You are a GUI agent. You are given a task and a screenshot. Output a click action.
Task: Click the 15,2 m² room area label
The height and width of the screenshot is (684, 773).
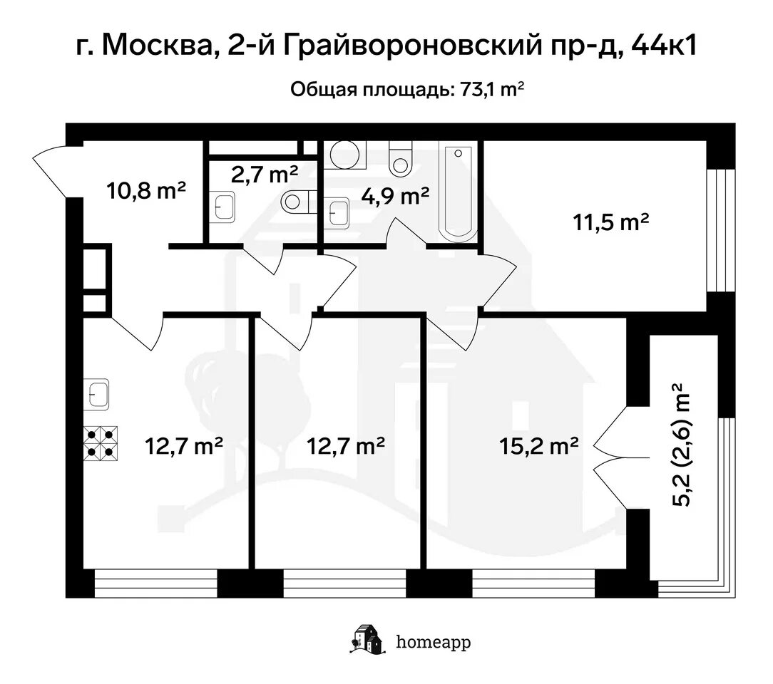[x=538, y=446]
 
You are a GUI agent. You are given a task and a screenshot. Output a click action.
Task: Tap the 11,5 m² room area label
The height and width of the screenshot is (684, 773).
[x=610, y=222]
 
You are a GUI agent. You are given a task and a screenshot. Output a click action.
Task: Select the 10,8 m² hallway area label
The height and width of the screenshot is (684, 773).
[x=146, y=190]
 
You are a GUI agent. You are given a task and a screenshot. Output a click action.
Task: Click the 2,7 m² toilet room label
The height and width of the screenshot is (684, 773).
[x=265, y=174]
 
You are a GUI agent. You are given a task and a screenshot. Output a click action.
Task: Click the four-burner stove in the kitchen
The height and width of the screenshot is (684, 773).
[x=101, y=443]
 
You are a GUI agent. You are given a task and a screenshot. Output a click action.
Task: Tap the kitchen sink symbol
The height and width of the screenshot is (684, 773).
[x=96, y=395]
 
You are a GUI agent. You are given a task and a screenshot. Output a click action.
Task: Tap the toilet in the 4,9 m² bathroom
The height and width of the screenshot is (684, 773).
[x=400, y=159]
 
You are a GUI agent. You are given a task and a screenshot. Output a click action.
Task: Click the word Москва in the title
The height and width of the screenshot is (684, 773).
[x=157, y=46]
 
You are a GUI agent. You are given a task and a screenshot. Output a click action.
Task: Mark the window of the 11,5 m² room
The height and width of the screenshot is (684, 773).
[x=720, y=230]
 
